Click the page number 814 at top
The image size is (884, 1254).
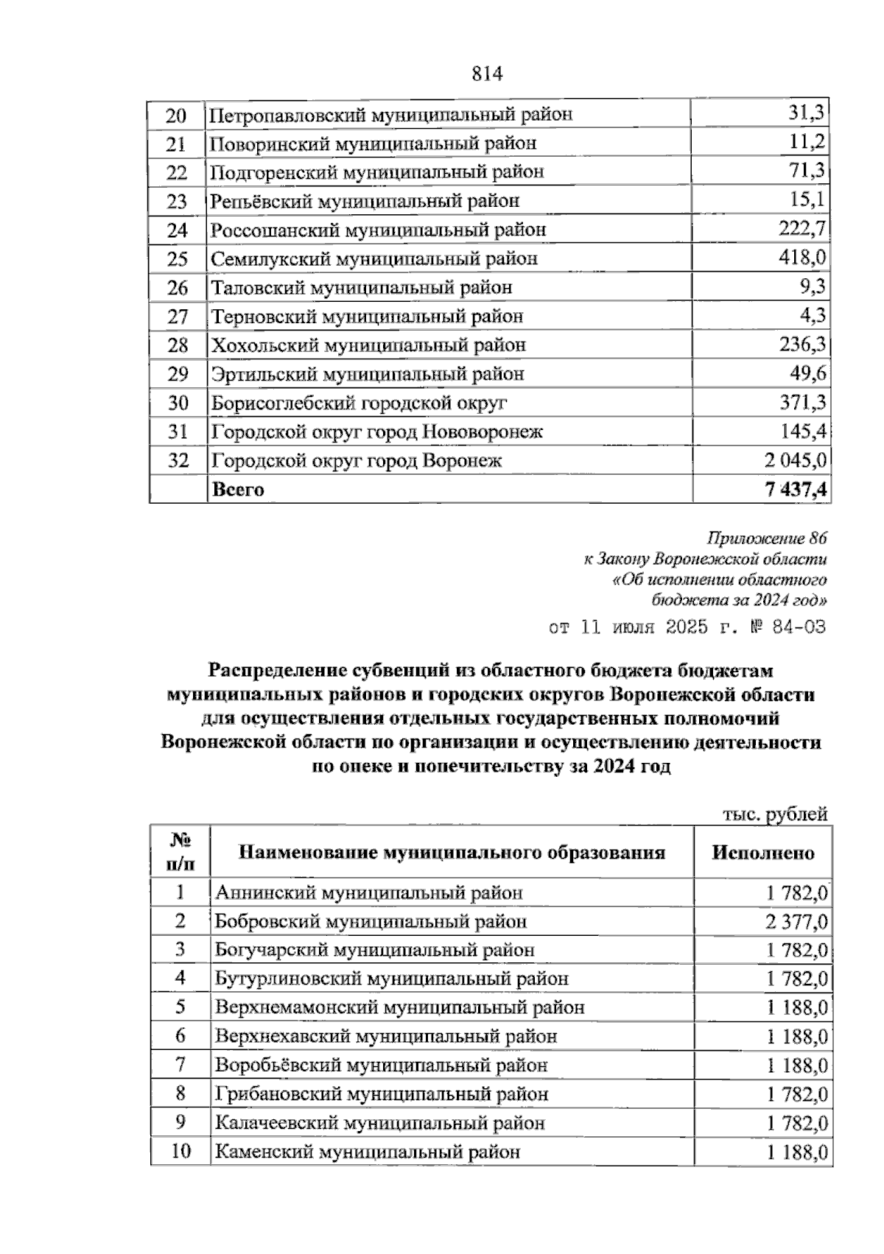(485, 74)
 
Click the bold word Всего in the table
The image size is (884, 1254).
(238, 490)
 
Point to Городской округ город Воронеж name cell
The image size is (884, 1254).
(357, 461)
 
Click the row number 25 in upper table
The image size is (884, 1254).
(178, 259)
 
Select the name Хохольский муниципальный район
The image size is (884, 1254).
(368, 345)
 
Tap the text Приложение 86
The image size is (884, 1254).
(767, 538)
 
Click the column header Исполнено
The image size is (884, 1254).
(763, 853)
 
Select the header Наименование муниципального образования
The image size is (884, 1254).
(452, 853)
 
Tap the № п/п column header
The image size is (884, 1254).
(180, 853)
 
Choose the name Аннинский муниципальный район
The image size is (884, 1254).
(368, 893)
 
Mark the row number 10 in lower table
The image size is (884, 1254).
(180, 1152)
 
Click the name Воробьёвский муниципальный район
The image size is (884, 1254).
(381, 1065)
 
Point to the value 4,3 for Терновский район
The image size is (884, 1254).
(813, 317)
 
